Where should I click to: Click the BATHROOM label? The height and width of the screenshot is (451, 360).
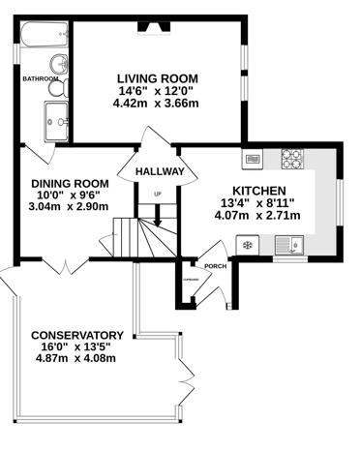tap(42, 78)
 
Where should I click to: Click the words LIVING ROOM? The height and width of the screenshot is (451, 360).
tap(158, 78)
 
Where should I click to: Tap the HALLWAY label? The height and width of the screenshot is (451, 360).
tap(160, 171)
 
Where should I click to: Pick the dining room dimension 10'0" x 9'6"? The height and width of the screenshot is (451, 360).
tap(69, 195)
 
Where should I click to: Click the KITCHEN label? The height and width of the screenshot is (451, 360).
tap(257, 191)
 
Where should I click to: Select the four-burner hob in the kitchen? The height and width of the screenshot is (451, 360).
tap(292, 157)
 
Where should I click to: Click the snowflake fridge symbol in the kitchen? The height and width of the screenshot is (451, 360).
tap(248, 246)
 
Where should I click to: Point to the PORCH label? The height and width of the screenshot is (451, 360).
tap(214, 266)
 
